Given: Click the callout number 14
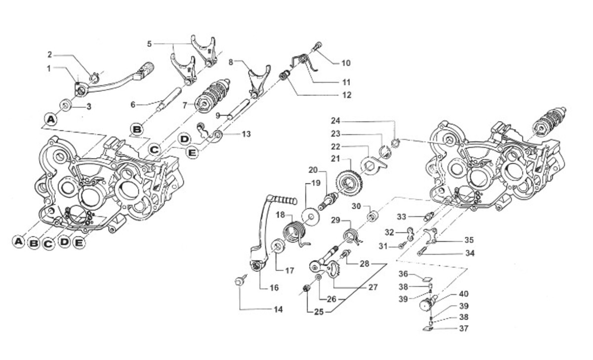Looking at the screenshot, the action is (x=278, y=310).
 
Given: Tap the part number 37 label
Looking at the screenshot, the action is (x=464, y=328).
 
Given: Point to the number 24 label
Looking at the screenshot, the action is (x=336, y=121).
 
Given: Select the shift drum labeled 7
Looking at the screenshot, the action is (x=212, y=96).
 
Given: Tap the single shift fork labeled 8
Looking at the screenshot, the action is (x=258, y=81).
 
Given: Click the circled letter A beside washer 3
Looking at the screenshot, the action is (x=50, y=120).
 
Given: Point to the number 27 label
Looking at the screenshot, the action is (x=373, y=287).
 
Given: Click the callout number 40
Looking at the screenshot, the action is (x=464, y=294).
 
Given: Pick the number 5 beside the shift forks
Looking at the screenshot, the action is (x=149, y=44).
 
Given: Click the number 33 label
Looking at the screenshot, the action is (x=401, y=217).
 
